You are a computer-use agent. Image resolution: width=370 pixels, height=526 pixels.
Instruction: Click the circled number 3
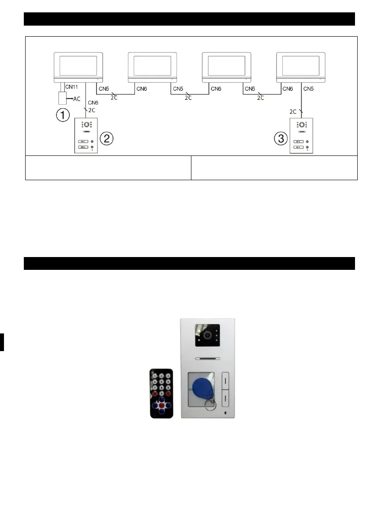(281, 138)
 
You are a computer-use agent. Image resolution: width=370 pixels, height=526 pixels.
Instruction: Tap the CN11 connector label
(71, 88)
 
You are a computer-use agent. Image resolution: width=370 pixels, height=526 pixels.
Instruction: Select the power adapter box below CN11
(59, 98)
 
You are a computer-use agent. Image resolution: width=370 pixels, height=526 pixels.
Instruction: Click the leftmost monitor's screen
(78, 65)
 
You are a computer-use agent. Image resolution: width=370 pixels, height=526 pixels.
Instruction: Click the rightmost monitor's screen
(300, 65)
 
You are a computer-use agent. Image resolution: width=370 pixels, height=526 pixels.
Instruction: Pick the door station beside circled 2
(86, 136)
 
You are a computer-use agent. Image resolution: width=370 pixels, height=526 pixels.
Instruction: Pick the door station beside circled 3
(301, 136)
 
